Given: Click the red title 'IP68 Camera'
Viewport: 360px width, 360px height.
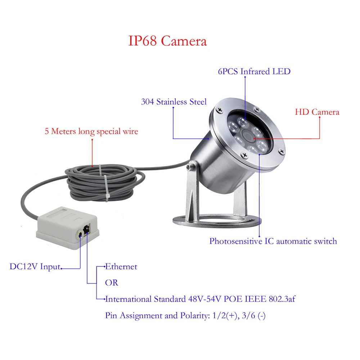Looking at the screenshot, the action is [x=168, y=41].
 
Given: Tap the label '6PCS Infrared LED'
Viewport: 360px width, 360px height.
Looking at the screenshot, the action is [x=254, y=71].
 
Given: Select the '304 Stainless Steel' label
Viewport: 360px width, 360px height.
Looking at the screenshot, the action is [x=174, y=102].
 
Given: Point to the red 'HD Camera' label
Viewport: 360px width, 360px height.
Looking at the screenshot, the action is [x=317, y=112].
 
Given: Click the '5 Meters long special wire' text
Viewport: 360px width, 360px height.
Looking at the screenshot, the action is [x=91, y=131].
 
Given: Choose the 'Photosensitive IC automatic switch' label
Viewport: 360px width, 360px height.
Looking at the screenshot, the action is [x=273, y=241].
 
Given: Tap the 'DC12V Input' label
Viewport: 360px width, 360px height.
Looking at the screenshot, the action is [x=35, y=267].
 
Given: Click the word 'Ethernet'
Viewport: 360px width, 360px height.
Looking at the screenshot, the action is [x=121, y=267].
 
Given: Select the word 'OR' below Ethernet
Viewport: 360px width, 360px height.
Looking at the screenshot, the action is [x=112, y=283].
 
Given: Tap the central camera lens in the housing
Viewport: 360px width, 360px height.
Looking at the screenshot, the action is [x=247, y=135].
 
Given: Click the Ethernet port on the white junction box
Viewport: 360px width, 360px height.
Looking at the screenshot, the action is [x=86, y=229].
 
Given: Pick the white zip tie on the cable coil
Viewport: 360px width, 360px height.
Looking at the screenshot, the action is [x=106, y=185].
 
